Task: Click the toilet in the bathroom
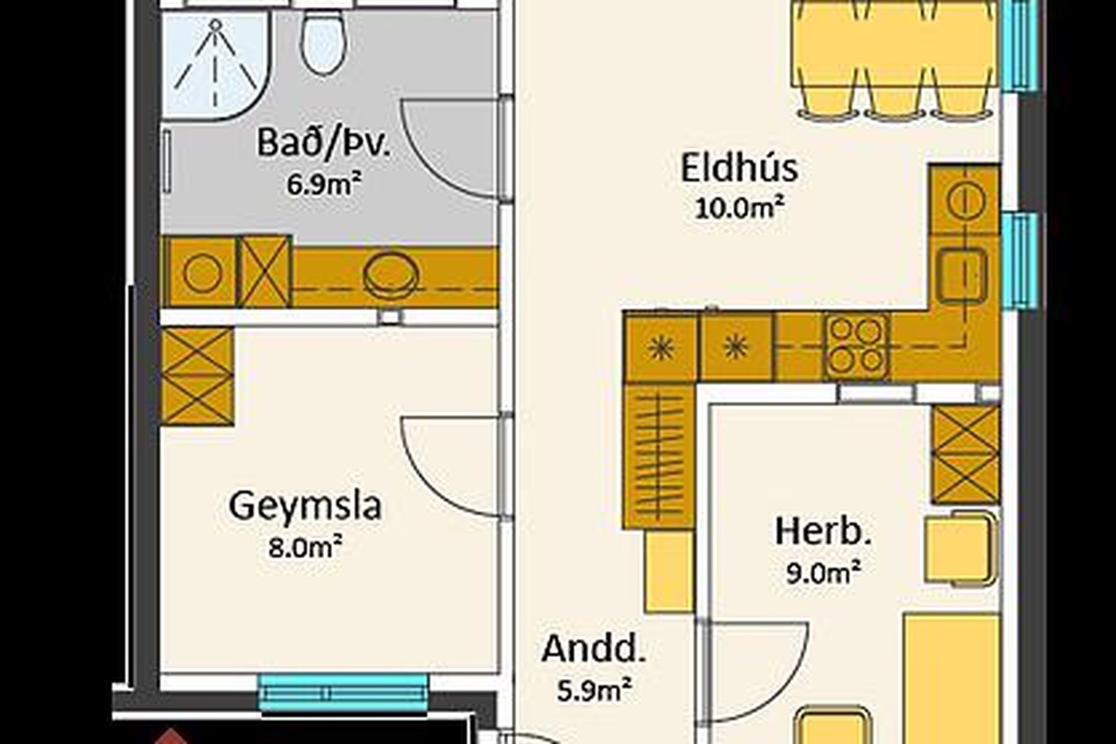coord(324,42)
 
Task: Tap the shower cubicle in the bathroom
coord(216,65)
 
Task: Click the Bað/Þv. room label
coord(324,144)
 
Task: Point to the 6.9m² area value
coord(323,185)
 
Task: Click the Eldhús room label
coord(739,168)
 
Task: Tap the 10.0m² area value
coord(740,208)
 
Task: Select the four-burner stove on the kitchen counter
coord(856,346)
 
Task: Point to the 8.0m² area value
coord(305,547)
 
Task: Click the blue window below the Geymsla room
coord(343,693)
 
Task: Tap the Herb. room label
coord(823,532)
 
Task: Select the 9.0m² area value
coord(823,573)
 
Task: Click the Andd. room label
coord(593,649)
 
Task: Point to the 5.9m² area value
coord(593,691)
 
